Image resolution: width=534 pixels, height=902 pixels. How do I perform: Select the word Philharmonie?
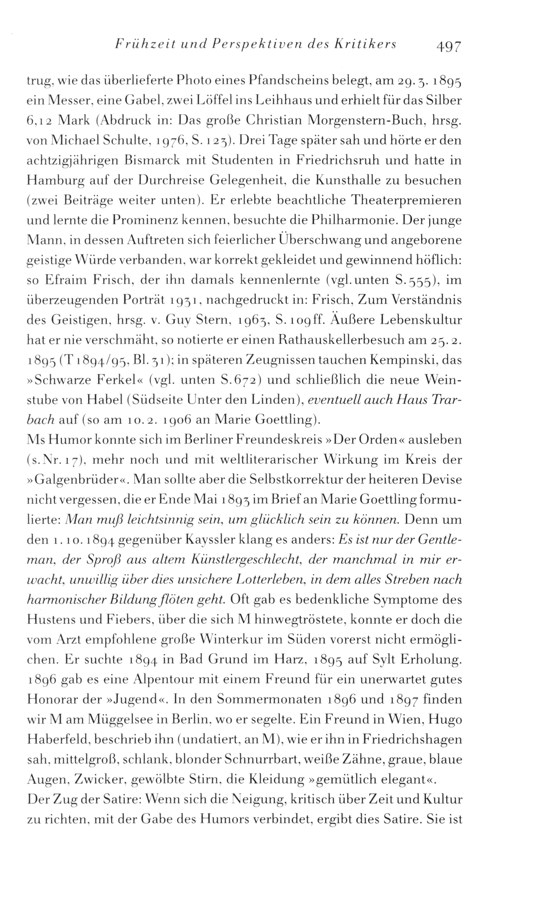[x=352, y=220]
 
